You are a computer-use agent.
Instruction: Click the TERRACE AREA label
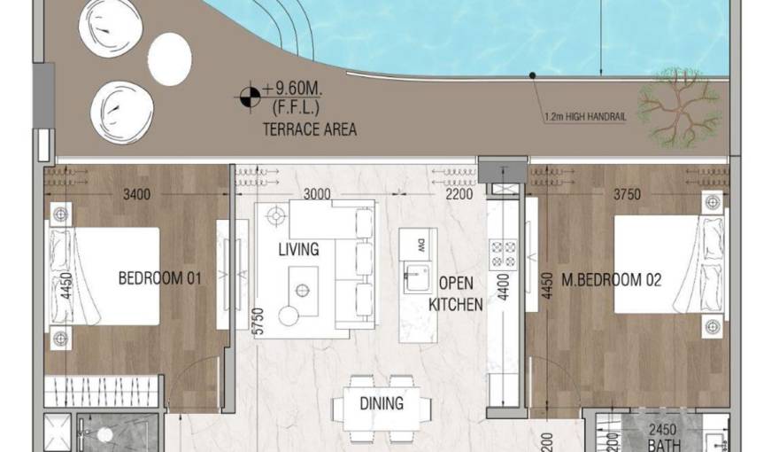tap(309, 129)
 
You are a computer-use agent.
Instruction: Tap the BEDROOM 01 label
tap(159, 278)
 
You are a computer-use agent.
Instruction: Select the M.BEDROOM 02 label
tap(612, 280)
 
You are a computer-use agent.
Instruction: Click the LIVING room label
tap(298, 250)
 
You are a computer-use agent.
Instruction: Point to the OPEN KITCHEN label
tap(456, 294)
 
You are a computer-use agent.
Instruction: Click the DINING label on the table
tap(382, 403)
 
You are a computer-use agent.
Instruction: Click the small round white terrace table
tap(169, 59)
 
